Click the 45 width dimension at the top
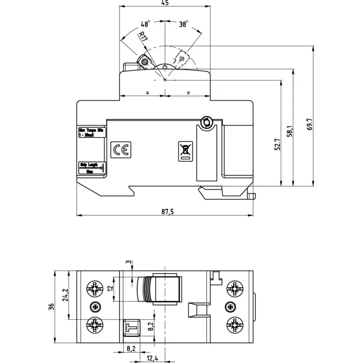point(165,3)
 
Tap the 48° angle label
point(145,24)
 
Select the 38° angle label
point(184,24)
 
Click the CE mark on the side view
point(121,150)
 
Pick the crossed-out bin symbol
point(186,150)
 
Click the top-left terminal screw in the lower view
point(95,288)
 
